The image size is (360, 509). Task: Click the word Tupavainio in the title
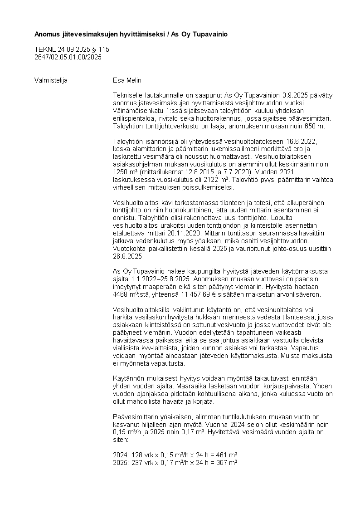pyautogui.click(x=211, y=34)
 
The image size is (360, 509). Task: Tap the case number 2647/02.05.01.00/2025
pyautogui.click(x=68, y=57)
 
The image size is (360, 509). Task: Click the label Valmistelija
pyautogui.click(x=51, y=80)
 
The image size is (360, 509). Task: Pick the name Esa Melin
pyautogui.click(x=127, y=80)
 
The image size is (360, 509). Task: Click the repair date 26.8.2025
pyautogui.click(x=128, y=256)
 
